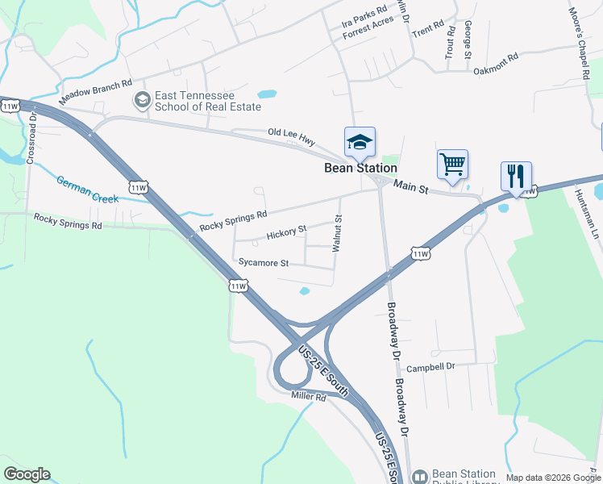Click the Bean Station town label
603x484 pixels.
point(360,169)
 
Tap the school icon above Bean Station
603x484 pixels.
point(360,143)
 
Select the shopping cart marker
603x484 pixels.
point(452,165)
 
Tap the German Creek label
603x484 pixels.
point(87,190)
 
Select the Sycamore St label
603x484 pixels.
point(264,262)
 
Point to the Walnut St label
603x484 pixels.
point(339,232)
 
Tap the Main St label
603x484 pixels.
point(411,187)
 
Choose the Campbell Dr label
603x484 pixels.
point(430,366)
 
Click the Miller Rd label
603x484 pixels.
point(309,396)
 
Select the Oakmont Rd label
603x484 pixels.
point(494,61)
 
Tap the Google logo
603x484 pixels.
point(27,474)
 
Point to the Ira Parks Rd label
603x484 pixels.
point(364,15)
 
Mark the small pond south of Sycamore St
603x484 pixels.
point(304,291)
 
